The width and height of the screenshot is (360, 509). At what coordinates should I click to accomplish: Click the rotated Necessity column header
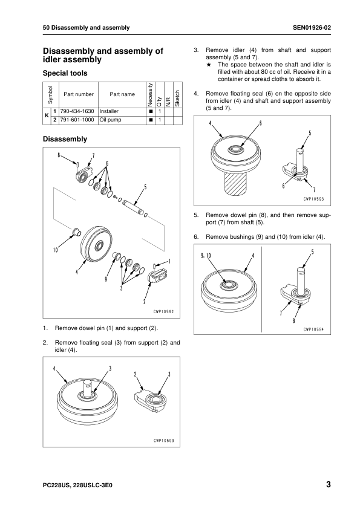(150, 94)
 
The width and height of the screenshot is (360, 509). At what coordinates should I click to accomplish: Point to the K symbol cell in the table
(47, 115)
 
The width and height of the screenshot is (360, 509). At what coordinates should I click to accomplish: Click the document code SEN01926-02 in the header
(312, 28)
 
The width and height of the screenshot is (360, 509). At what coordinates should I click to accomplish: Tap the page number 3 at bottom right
(328, 484)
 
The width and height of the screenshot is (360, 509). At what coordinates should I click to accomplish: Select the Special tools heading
(65, 73)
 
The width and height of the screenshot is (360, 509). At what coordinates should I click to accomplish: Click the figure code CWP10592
(164, 312)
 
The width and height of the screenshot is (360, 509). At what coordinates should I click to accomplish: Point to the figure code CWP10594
(314, 330)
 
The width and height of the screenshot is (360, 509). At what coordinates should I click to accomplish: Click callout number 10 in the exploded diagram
(55, 250)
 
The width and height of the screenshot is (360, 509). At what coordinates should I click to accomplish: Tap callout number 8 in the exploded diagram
(59, 155)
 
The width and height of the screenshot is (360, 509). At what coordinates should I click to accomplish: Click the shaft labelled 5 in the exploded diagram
(133, 208)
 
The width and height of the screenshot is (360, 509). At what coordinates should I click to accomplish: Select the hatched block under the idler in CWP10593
(236, 184)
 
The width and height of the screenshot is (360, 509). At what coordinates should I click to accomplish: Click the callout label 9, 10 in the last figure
(206, 256)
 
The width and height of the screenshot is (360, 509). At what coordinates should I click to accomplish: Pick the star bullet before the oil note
(209, 65)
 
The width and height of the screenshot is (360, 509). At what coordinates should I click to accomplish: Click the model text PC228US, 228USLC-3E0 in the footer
(77, 485)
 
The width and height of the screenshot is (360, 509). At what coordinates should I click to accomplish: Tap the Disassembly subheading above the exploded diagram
(65, 139)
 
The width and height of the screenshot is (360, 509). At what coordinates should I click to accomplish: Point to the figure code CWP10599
(164, 441)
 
